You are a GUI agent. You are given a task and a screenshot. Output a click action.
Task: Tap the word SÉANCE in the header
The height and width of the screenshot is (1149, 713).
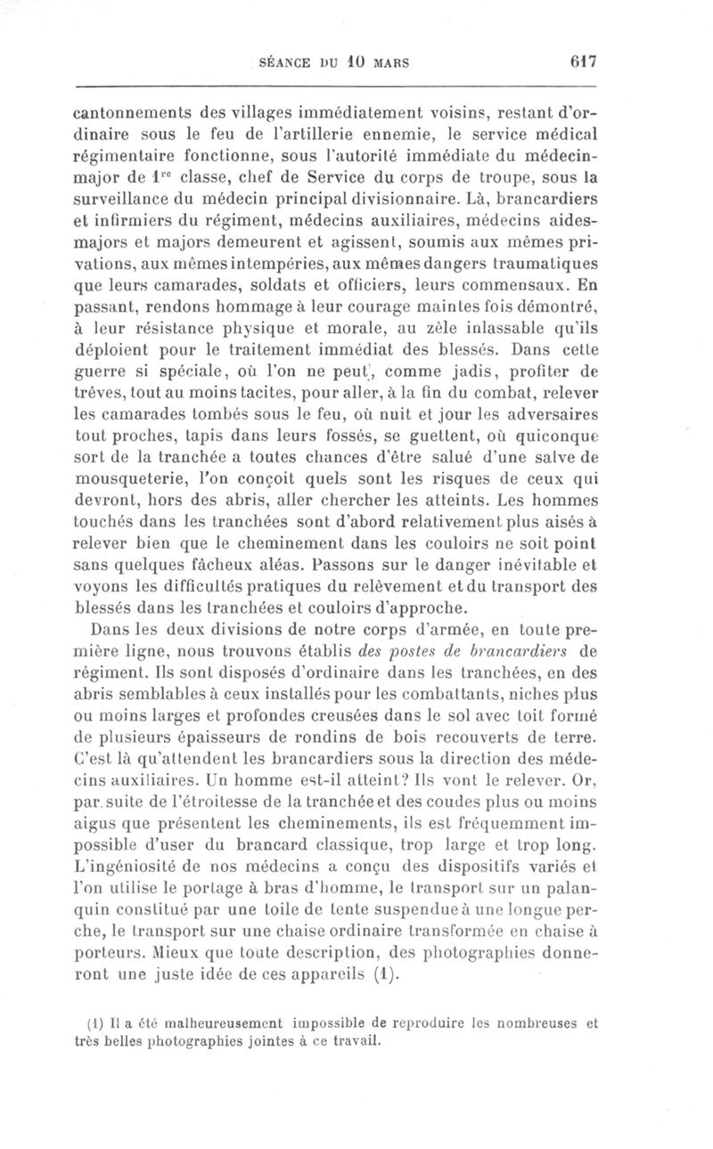click(284, 63)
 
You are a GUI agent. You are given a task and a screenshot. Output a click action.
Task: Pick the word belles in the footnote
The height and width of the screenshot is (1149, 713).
click(145, 1039)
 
